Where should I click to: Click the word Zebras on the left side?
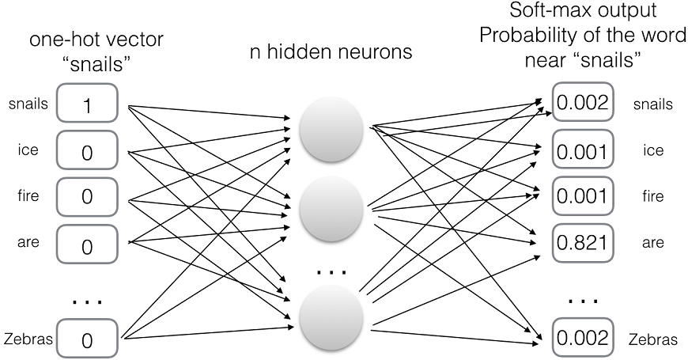click(x=28, y=339)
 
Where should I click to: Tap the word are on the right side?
click(x=652, y=243)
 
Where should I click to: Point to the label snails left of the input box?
click(x=28, y=104)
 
